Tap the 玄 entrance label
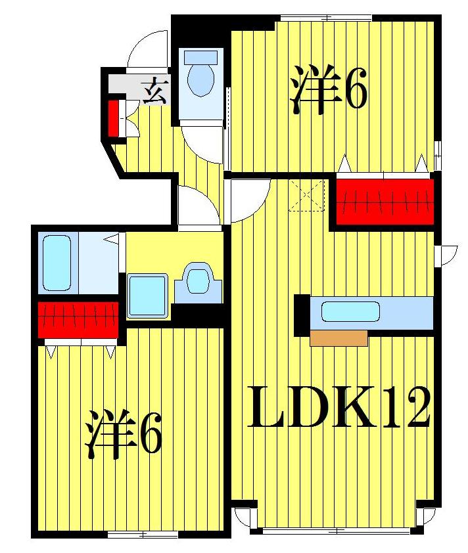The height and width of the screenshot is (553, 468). (x=156, y=90)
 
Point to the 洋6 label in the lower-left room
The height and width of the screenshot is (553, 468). (x=123, y=434)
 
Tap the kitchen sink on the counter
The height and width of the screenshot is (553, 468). (x=350, y=312)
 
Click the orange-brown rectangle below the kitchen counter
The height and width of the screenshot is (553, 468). (x=339, y=338)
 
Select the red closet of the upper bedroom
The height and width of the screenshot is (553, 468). (x=385, y=201)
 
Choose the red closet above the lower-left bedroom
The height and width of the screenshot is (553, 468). (x=78, y=320)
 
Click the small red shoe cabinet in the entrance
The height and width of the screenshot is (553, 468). (x=113, y=118)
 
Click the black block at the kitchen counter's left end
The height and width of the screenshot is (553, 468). (x=302, y=315)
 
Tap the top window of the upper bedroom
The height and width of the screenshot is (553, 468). (x=326, y=18)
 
